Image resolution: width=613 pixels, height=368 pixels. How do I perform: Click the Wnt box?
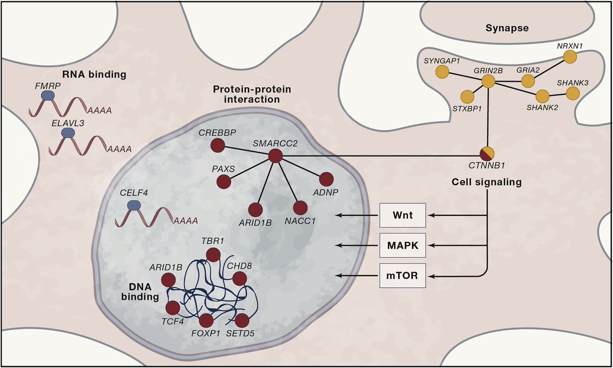tap(403, 215)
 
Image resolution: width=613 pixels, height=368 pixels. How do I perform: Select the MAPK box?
tap(403, 246)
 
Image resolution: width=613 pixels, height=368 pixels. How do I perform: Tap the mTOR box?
tap(403, 276)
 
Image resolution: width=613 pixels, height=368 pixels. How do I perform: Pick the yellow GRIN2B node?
tap(489, 81)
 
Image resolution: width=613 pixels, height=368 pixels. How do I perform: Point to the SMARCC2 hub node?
tap(275, 156)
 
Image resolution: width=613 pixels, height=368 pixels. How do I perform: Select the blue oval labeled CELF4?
tap(134, 205)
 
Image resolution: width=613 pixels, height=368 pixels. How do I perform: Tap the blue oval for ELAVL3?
tap(67, 133)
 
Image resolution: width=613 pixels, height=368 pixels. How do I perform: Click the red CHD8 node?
tap(240, 278)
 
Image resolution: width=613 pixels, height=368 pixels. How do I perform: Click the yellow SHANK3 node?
tap(573, 93)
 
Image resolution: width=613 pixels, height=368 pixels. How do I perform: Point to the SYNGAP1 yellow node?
tap(441, 73)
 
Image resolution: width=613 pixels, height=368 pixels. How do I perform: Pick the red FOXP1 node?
tap(206, 321)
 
